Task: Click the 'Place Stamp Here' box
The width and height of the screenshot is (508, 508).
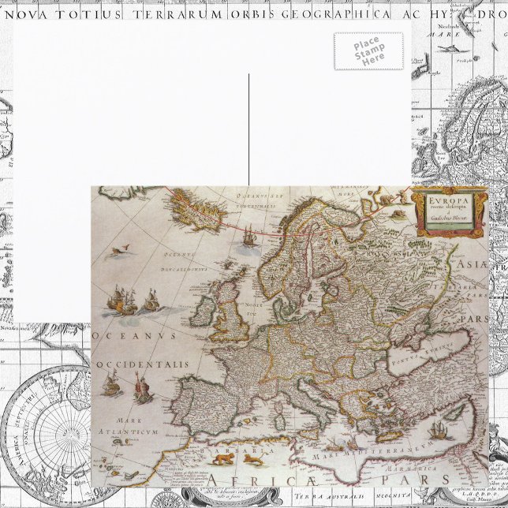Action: tap(368, 51)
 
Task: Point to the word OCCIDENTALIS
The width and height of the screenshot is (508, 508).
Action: tap(142, 364)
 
